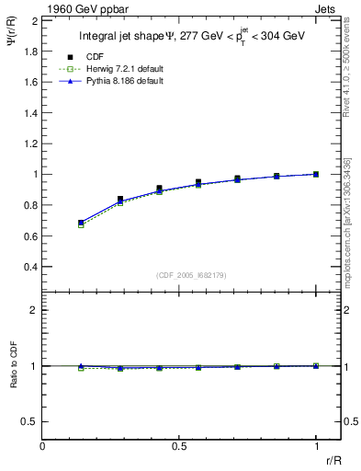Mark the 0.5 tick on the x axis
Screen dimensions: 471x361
179,446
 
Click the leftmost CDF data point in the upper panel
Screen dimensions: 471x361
81,222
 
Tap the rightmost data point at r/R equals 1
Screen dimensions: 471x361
316,174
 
